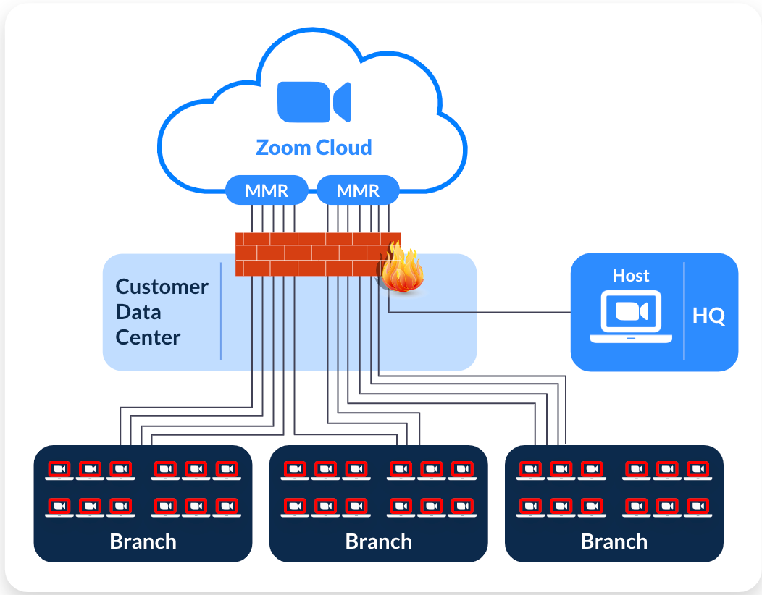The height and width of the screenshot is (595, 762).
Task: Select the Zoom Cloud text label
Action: pos(314,148)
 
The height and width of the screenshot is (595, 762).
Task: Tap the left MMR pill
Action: pos(267,190)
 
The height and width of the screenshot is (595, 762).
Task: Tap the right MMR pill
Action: pos(358,190)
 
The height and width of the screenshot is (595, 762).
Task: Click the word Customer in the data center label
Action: pos(162,287)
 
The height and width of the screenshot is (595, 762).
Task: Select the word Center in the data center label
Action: pos(148,337)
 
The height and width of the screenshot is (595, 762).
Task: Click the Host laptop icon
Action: pos(630,316)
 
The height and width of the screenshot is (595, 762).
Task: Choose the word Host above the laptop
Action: pos(631,276)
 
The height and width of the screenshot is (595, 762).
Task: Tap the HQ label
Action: pos(708,316)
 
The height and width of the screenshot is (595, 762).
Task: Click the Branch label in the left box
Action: pos(143,541)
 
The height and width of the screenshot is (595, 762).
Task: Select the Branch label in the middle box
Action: pos(378,541)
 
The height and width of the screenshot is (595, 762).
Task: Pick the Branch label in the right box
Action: pos(614,541)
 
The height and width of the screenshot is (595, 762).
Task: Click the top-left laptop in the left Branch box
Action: pos(59,470)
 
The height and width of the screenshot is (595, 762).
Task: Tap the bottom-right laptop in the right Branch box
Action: pos(698,507)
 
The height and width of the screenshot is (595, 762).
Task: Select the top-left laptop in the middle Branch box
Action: pos(294,470)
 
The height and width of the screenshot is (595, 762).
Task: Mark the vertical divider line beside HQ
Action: pos(684,311)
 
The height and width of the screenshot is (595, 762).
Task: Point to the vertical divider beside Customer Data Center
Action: pos(221,311)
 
